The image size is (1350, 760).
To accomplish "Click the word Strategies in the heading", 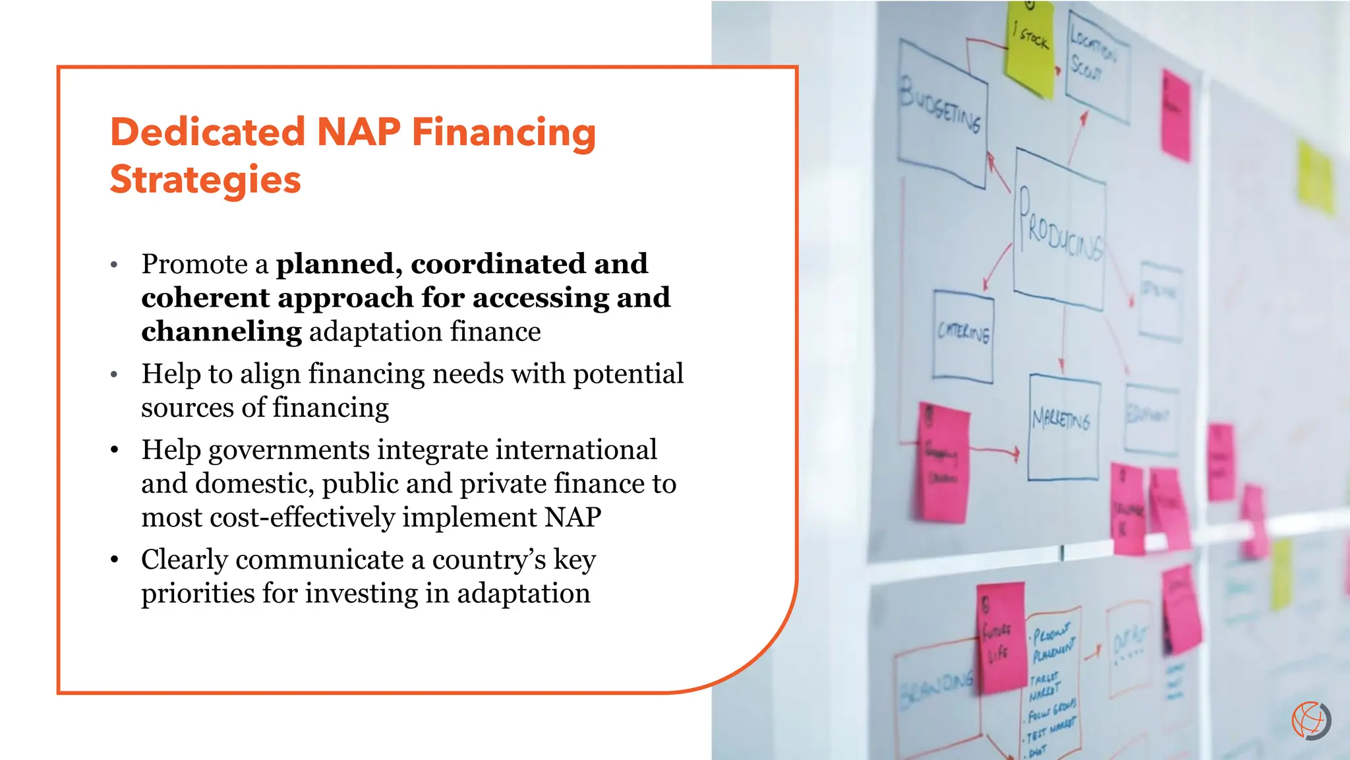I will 205,179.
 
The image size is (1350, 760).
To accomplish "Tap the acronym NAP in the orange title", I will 359,132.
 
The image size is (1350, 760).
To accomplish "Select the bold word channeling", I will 221,331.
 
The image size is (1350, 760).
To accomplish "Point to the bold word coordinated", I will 498,264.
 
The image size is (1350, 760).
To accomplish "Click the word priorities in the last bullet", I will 198,593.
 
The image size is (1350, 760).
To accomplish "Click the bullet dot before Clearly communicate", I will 115,559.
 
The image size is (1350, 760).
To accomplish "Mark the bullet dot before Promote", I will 114,265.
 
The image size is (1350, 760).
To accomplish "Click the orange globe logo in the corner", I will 1310,720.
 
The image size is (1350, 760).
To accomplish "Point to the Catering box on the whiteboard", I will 963,336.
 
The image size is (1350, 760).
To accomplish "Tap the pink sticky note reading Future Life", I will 1000,637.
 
